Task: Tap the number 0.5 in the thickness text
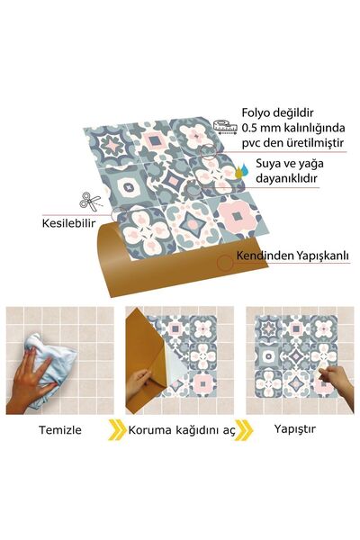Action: (251, 130)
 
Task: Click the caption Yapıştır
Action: (295, 429)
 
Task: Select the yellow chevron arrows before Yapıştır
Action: (245, 429)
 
